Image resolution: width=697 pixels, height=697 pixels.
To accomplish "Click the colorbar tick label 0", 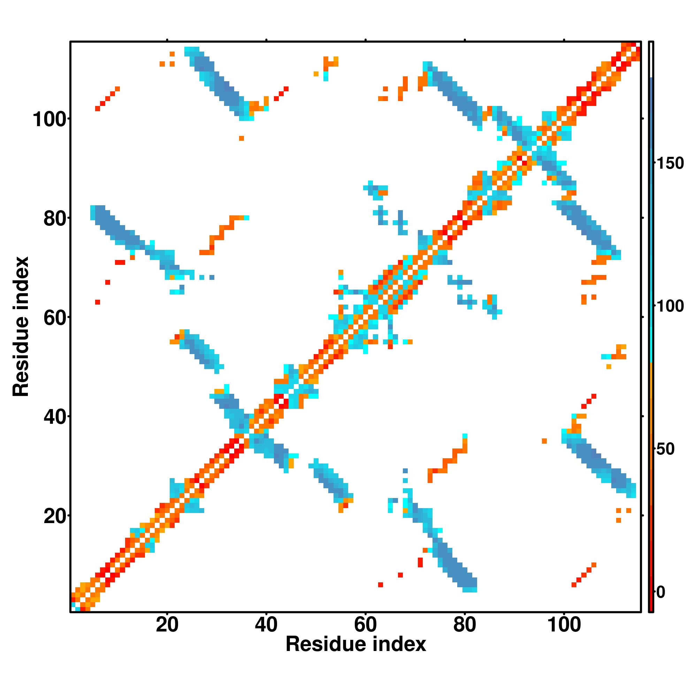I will tap(661, 592).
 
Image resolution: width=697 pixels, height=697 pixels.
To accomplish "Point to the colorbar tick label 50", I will tap(666, 450).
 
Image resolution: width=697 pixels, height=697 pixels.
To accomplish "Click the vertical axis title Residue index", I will tap(21, 327).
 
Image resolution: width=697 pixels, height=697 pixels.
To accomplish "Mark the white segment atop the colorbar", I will tap(651, 60).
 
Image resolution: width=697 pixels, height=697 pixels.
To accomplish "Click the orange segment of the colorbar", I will tap(651, 433).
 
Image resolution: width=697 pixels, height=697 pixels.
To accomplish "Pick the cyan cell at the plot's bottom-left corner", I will tap(74, 604).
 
